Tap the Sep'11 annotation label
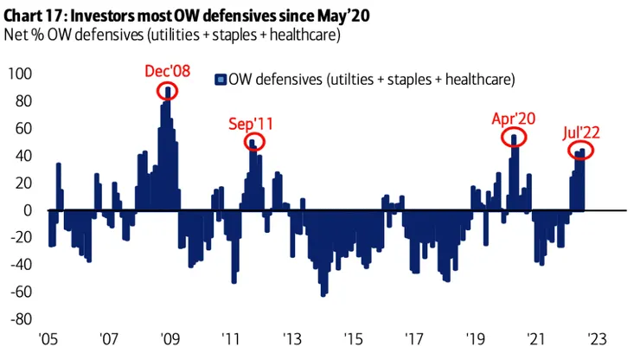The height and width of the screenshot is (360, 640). point(253,123)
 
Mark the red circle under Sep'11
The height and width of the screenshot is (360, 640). point(254,143)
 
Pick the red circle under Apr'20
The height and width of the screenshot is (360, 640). point(514,138)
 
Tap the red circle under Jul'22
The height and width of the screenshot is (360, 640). point(581,151)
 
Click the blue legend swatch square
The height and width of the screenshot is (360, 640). point(221,80)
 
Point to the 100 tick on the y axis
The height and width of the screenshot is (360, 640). point(19,75)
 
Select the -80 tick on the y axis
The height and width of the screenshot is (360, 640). point(19,318)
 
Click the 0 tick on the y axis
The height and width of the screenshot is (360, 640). point(27,210)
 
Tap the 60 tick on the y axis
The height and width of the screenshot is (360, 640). point(22,129)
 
